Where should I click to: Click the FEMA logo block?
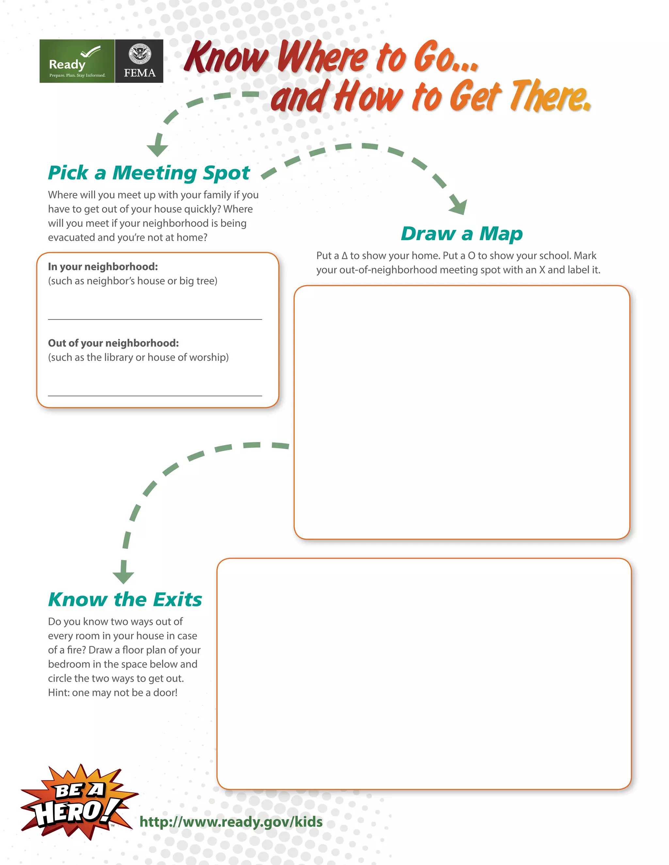(139, 61)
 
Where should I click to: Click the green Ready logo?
(77, 61)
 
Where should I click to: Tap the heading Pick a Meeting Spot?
(149, 173)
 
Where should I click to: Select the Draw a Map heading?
(461, 234)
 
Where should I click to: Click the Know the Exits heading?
(125, 600)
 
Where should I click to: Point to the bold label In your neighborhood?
(103, 267)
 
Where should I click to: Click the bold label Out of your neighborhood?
(113, 343)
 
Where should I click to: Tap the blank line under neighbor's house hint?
(155, 319)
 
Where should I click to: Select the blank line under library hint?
(155, 395)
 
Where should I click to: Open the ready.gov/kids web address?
(231, 822)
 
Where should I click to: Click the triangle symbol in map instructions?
(344, 256)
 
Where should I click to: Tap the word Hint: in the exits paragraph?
(59, 693)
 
